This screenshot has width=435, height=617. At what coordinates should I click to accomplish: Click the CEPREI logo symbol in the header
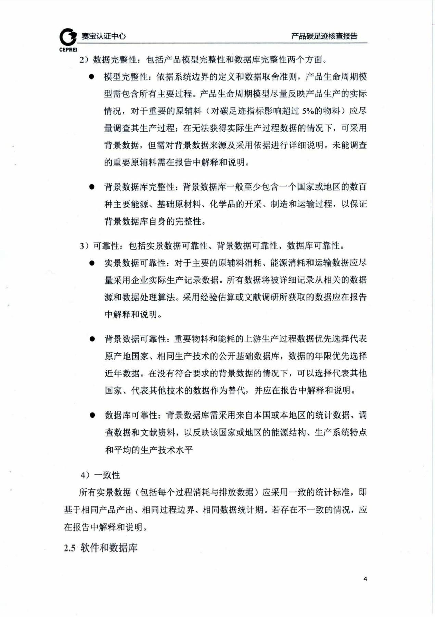[x=68, y=37]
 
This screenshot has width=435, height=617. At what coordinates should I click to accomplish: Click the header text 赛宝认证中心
[x=104, y=36]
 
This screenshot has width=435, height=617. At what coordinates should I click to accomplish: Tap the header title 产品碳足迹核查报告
[x=324, y=36]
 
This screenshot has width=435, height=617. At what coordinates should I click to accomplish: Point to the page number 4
[x=365, y=579]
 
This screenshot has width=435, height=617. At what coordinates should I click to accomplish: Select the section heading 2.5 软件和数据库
[x=101, y=548]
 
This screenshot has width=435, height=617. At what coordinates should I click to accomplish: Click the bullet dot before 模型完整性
[x=91, y=77]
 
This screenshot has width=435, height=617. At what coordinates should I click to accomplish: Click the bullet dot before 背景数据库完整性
[x=91, y=187]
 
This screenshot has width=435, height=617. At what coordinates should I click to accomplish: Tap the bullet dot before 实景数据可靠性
[x=92, y=263]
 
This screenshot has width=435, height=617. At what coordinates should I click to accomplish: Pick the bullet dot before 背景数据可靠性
[x=92, y=339]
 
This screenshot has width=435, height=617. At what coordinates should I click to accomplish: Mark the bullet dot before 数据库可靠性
[x=92, y=415]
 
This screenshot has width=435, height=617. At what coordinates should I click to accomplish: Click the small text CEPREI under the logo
[x=68, y=50]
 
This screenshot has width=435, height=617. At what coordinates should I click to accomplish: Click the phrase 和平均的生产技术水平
[x=149, y=450]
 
